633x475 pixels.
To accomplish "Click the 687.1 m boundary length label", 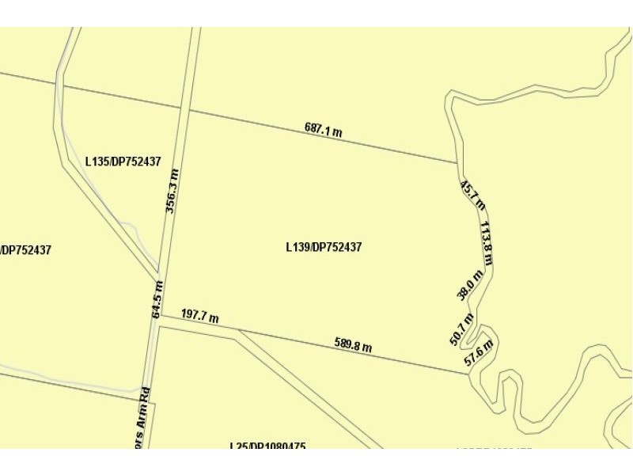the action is (x=323, y=130).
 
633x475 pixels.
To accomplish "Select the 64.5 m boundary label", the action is (x=157, y=299).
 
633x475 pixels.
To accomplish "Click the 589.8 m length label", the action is (x=353, y=344).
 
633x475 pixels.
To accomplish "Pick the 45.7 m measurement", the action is (x=472, y=193).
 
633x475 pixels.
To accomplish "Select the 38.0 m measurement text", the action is (x=468, y=285).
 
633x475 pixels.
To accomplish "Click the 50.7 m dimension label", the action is (x=461, y=329).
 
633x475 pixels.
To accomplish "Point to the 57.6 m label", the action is (x=479, y=352).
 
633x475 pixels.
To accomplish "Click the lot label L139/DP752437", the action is (x=324, y=247).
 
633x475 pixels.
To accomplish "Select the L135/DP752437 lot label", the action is (x=123, y=161).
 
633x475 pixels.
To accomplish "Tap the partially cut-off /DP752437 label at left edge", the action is (x=26, y=250).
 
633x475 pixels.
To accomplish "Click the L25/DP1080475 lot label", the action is (x=267, y=446).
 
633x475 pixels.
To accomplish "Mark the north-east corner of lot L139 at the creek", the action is (x=457, y=163).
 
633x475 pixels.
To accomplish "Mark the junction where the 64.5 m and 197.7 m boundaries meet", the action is (x=161, y=315).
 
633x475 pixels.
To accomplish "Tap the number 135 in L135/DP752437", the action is (x=99, y=161).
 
